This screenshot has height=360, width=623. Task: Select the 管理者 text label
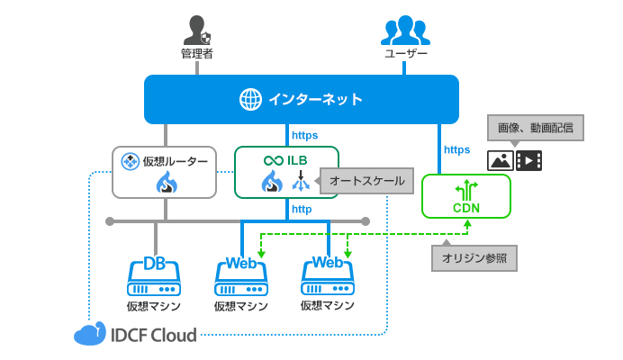click(x=196, y=55)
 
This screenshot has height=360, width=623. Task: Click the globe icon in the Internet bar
click(x=249, y=99)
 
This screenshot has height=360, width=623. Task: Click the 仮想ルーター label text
click(x=176, y=161)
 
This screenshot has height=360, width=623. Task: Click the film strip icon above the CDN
click(x=529, y=161)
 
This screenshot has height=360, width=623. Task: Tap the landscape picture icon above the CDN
click(x=501, y=161)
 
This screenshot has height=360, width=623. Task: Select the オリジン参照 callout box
click(x=474, y=258)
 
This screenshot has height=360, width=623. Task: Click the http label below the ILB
click(x=301, y=210)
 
